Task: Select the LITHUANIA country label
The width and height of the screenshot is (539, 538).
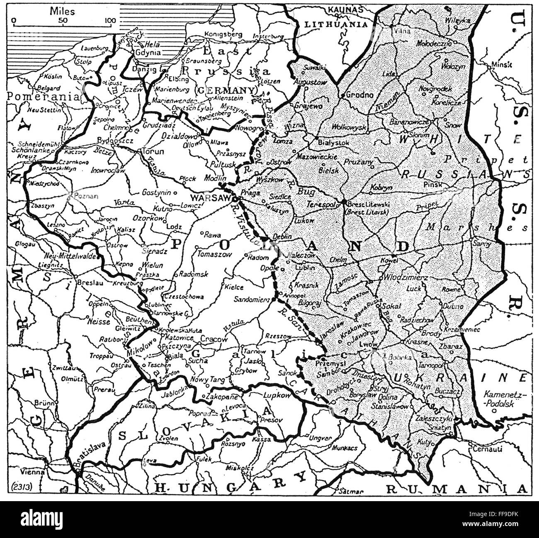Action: click(336, 24)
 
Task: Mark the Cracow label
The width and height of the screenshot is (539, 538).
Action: click(214, 339)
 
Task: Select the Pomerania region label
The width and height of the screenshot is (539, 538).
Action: click(43, 96)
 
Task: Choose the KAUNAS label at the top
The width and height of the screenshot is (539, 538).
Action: click(345, 9)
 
